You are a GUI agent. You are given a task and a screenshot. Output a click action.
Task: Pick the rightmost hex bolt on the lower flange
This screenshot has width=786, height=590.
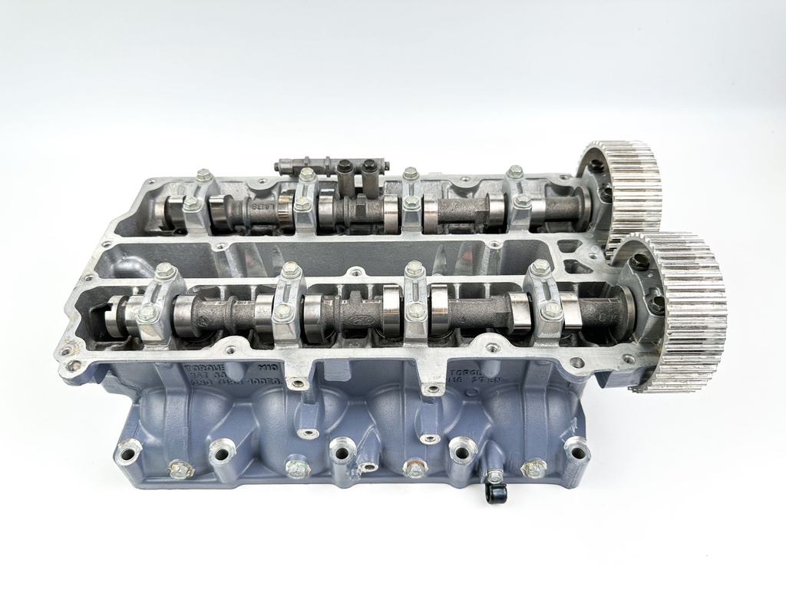click(532, 467)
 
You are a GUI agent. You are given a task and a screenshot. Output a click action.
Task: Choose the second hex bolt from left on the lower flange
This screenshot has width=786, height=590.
click(296, 466)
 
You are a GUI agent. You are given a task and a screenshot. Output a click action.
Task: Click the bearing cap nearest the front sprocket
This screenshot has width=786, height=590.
click(544, 300)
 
